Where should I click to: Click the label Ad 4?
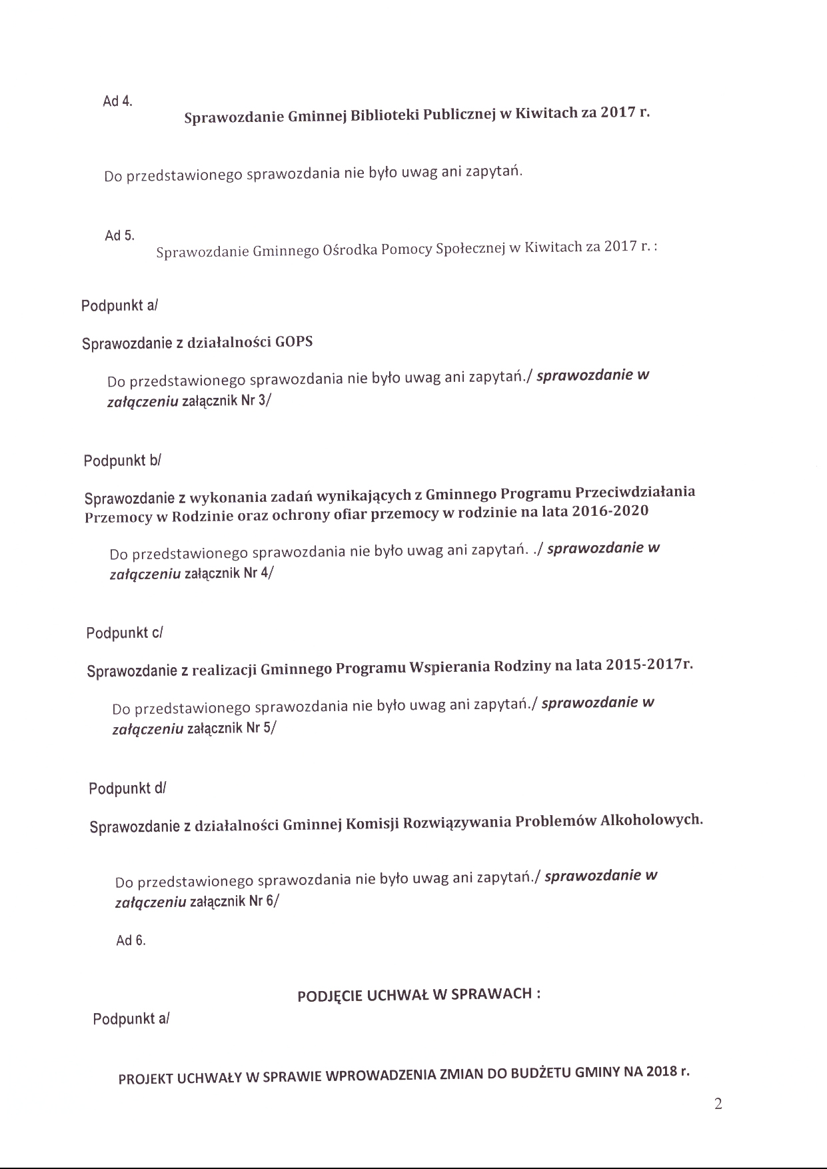click(x=117, y=101)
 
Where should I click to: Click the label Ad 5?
click(x=119, y=236)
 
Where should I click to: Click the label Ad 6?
click(x=131, y=940)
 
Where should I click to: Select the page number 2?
click(x=718, y=1104)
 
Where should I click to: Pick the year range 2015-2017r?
click(x=650, y=665)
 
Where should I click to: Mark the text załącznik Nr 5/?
click(x=231, y=728)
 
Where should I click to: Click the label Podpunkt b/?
click(x=123, y=461)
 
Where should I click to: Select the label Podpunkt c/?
click(x=125, y=632)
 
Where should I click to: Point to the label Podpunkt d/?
click(x=127, y=788)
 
